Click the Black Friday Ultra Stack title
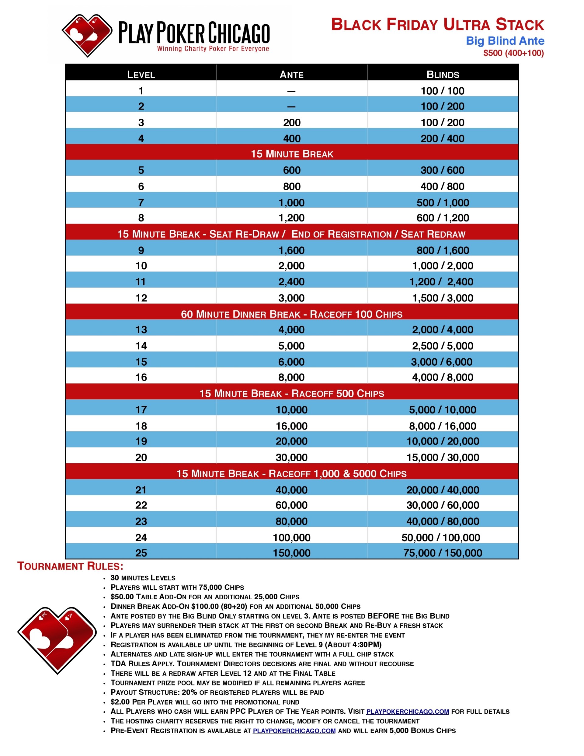tap(437, 25)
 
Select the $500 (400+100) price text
tap(513, 53)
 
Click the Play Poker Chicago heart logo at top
tap(87, 35)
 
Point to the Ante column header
tap(291, 75)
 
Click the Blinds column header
tap(443, 75)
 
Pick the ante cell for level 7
tap(291, 203)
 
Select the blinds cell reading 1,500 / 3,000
tap(443, 298)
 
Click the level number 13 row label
tap(141, 329)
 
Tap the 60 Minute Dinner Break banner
tap(291, 314)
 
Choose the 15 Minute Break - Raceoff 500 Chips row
tap(291, 393)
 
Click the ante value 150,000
tap(291, 553)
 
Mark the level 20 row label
tap(141, 457)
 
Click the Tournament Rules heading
tap(70, 566)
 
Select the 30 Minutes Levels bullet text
tap(143, 578)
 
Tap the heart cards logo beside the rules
tap(57, 640)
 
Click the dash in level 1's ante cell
tap(291, 91)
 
